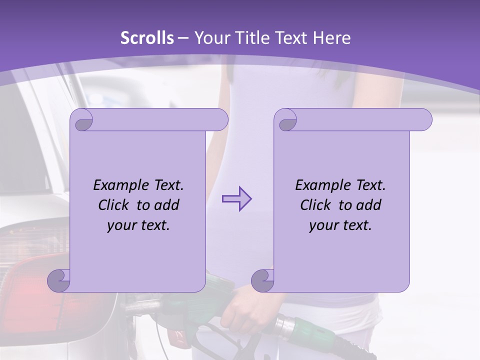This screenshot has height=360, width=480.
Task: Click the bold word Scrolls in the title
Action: point(147,38)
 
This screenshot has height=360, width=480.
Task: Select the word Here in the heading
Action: point(331,38)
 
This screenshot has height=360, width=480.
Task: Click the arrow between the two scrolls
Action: point(236,199)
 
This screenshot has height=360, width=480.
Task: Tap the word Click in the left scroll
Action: point(116,205)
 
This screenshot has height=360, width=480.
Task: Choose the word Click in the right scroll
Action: point(318,205)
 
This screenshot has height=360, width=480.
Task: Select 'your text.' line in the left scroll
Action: point(138,225)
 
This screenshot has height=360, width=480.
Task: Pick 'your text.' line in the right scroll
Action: point(340,225)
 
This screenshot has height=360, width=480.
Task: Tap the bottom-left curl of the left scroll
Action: point(59,280)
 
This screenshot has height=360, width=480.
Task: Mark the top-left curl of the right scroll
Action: point(286,120)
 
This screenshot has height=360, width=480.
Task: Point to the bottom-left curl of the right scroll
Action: point(263,280)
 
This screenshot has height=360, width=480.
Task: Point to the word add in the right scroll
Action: point(369,205)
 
